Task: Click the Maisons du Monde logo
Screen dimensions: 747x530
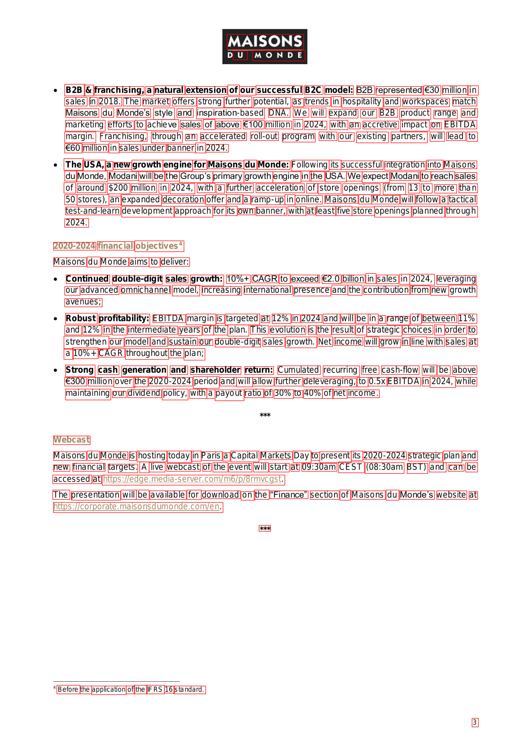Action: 264,47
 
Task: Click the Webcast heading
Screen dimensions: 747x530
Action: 72,440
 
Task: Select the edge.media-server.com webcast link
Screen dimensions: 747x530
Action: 192,479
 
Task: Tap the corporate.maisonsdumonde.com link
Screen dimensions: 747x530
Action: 137,506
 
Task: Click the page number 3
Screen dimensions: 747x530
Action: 474,722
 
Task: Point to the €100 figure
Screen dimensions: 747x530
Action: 253,125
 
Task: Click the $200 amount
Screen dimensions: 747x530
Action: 119,188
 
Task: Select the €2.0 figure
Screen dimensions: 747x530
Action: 330,279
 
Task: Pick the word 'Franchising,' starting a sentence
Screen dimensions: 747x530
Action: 123,136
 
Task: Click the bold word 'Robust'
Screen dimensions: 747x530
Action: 81,318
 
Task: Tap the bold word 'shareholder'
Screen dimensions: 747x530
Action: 215,370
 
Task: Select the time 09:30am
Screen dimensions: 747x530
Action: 319,467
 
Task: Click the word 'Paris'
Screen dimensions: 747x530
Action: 211,455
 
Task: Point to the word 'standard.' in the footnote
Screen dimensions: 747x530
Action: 190,689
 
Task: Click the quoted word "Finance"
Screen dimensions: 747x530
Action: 288,495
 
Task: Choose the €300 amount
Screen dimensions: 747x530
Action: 75,381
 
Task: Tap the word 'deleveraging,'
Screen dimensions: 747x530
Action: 330,381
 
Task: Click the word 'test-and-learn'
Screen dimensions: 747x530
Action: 93,211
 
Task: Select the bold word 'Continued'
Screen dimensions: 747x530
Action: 87,279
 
